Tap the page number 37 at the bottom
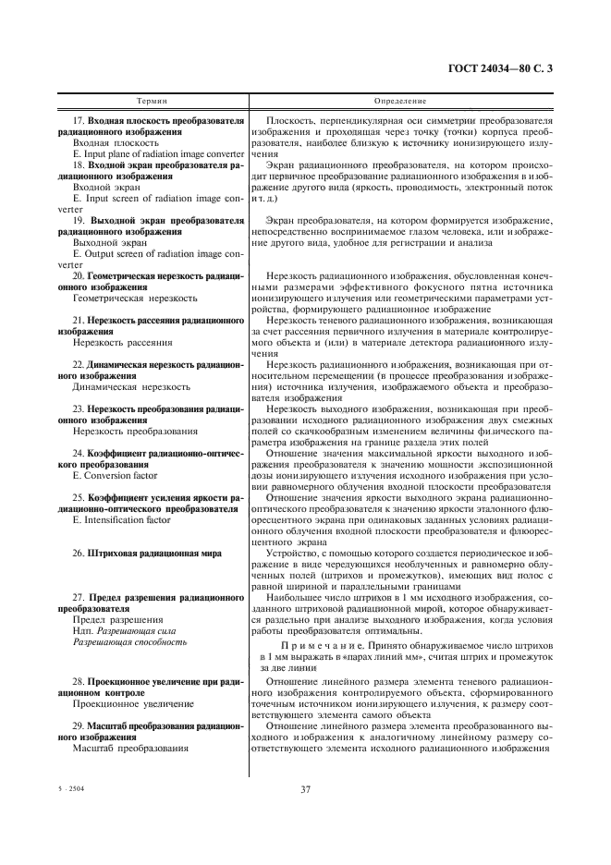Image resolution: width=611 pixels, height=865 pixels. click(x=305, y=788)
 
